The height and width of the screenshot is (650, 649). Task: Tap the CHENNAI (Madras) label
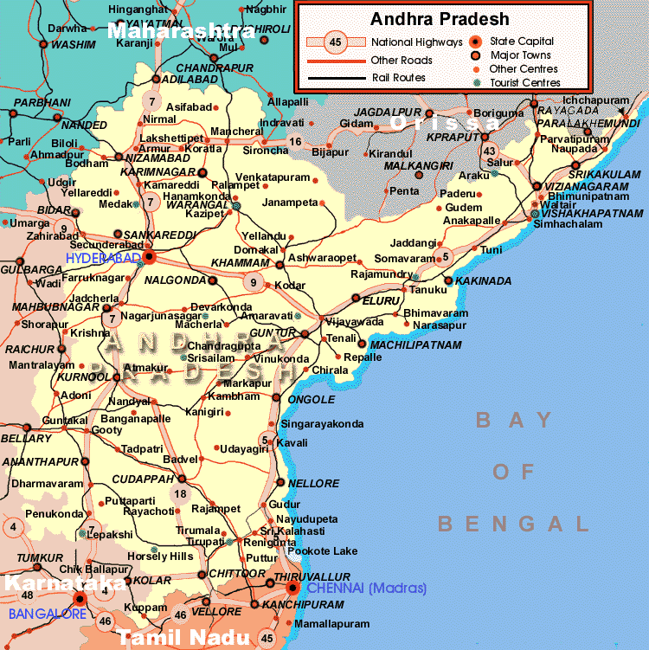(367, 589)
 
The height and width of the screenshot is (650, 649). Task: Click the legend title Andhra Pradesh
(440, 18)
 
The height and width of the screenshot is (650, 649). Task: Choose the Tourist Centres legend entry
(524, 83)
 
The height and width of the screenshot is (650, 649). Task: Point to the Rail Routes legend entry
(399, 77)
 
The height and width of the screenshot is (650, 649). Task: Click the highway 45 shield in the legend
(336, 42)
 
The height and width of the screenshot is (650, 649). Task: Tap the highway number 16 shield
(296, 142)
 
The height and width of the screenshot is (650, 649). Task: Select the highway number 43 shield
(489, 151)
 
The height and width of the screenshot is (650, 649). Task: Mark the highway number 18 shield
(179, 494)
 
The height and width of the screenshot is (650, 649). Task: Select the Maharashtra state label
(181, 32)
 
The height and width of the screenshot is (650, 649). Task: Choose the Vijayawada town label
(355, 321)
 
